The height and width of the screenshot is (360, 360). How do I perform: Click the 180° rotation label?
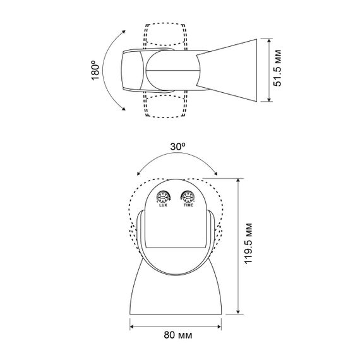point(95,70)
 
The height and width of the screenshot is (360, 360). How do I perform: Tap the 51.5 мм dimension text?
point(277,68)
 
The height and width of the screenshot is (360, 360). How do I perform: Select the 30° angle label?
point(178,147)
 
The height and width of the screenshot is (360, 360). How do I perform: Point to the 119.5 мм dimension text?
point(248,243)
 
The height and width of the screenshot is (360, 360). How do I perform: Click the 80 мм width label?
point(178,335)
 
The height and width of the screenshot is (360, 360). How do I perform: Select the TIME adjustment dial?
point(188,196)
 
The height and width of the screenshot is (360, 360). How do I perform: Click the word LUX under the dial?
point(163,205)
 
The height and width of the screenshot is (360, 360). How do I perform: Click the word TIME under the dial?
point(188,205)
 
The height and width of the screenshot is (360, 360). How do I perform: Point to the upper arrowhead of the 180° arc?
point(124,32)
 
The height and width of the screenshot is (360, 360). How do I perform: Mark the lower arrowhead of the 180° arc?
point(124,109)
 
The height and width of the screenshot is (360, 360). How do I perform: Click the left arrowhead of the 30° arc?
point(138,173)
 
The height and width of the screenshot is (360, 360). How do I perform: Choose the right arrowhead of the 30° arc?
point(215,173)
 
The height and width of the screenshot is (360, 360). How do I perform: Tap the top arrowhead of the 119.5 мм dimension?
point(238,181)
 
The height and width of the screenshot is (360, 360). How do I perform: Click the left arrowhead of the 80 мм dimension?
point(132,327)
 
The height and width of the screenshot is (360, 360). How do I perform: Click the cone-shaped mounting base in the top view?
point(227,70)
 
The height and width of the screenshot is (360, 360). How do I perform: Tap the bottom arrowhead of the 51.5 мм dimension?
point(270,99)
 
